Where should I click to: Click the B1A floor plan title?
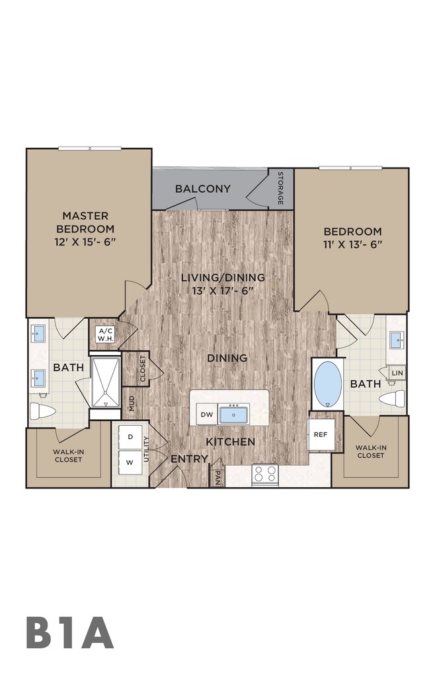(x=69, y=633)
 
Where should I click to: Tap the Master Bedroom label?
(x=85, y=222)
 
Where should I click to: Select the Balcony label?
(x=203, y=188)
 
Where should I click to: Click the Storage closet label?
(x=280, y=188)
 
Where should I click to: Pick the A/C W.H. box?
(x=105, y=335)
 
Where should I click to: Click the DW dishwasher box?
(x=207, y=415)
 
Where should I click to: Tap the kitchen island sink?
(x=233, y=415)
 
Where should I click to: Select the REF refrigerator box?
(x=321, y=434)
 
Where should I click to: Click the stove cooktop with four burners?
(x=265, y=474)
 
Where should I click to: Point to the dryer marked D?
(x=130, y=437)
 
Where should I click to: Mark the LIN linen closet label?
(x=397, y=373)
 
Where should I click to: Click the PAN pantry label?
(x=217, y=478)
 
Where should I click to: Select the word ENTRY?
(x=190, y=459)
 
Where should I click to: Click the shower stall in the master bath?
(x=105, y=382)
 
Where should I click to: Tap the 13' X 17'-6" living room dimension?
(x=222, y=291)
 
